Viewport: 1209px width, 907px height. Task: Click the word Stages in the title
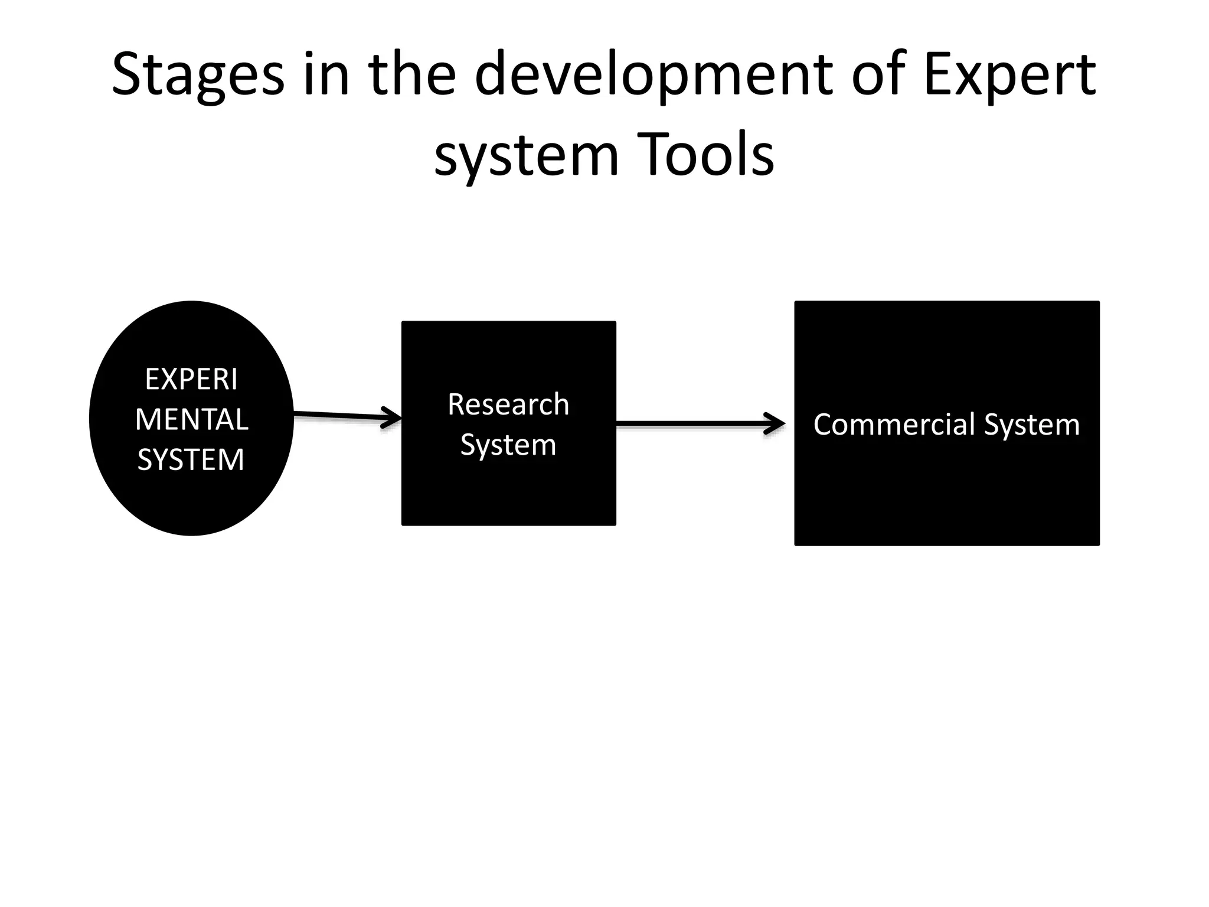click(x=198, y=75)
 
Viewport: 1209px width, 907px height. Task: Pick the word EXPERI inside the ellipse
click(x=191, y=379)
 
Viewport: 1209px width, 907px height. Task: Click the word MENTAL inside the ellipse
click(x=191, y=420)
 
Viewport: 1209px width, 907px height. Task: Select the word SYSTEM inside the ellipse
click(x=191, y=460)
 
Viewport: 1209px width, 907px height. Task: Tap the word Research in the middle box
click(x=508, y=404)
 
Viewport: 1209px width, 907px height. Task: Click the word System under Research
click(x=508, y=445)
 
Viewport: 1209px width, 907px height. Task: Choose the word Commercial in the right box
click(x=895, y=425)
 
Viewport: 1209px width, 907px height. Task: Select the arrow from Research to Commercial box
click(x=691, y=423)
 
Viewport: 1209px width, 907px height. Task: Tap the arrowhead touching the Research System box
click(x=393, y=417)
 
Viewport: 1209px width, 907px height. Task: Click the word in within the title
click(x=326, y=75)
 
